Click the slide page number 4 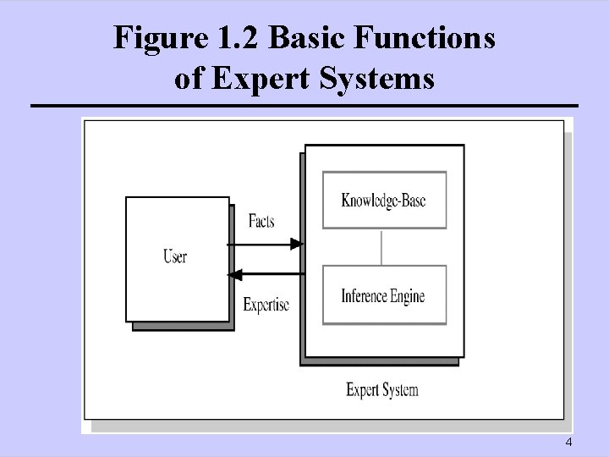(x=568, y=444)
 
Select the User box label (x=175, y=256)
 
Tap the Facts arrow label (x=261, y=222)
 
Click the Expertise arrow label (x=266, y=304)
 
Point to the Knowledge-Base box (x=384, y=201)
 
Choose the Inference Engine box (x=384, y=296)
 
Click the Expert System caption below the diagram (x=382, y=390)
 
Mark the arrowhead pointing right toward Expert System (x=296, y=245)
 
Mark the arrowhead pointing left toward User (x=236, y=274)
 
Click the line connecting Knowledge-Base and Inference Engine (x=383, y=246)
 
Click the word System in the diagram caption (x=400, y=390)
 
